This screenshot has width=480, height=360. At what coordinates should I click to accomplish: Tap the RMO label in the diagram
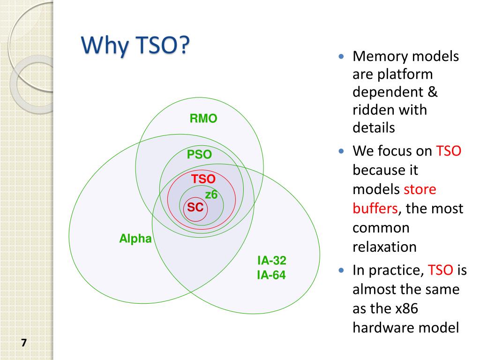click(203, 119)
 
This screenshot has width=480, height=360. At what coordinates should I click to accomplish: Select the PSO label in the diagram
click(200, 154)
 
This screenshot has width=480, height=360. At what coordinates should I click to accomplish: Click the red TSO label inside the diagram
click(203, 179)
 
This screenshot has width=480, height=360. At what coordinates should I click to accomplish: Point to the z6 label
click(211, 195)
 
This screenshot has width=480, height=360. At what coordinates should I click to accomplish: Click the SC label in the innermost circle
click(195, 207)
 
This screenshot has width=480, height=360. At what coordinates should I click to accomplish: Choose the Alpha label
click(135, 239)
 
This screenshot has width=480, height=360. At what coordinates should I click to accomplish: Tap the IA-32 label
click(271, 261)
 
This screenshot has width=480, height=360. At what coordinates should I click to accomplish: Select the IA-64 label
click(271, 275)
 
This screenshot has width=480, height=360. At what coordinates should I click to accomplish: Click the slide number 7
click(24, 343)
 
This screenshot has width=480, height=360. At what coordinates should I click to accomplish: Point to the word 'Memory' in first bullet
click(380, 57)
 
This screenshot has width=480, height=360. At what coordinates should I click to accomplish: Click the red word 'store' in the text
click(420, 189)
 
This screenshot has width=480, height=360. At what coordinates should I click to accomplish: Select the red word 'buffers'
click(375, 208)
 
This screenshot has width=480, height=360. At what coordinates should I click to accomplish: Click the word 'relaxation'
click(384, 247)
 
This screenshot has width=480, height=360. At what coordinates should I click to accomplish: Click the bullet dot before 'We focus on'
click(341, 151)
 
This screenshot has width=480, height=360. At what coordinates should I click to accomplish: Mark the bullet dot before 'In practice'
click(341, 270)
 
